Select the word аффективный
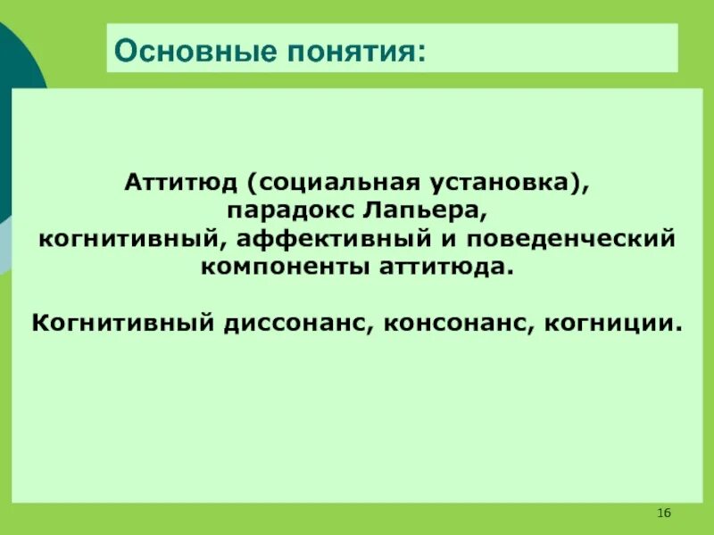click(301, 240)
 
